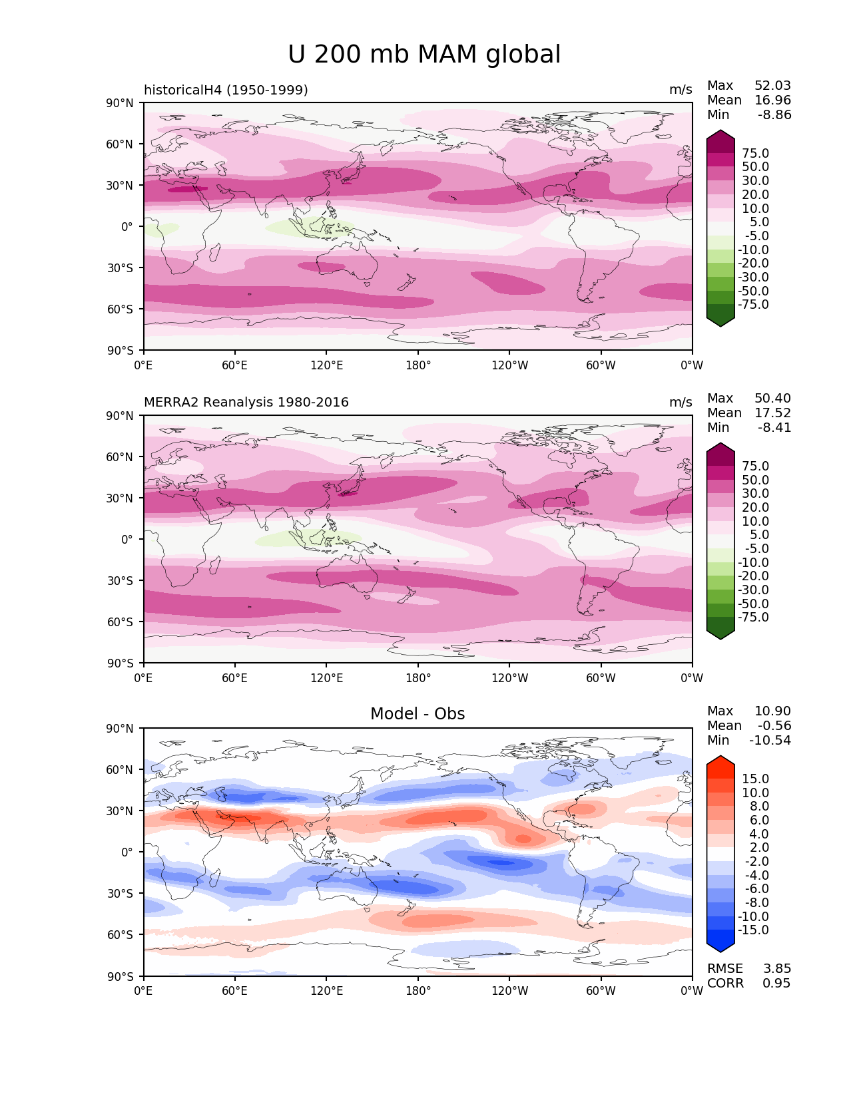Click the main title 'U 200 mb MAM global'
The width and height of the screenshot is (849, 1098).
coord(424,55)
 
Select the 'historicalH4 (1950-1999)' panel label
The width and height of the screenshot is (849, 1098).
coord(226,90)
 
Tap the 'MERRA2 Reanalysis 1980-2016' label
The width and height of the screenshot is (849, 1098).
coord(246,403)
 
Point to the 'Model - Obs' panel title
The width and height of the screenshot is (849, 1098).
coord(418,714)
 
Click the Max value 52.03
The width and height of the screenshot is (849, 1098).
coord(772,86)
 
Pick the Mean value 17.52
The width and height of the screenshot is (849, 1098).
coord(772,413)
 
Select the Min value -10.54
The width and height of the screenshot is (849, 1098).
coord(770,741)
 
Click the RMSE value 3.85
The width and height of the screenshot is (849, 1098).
coord(776,969)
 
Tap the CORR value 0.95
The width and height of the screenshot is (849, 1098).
coord(776,984)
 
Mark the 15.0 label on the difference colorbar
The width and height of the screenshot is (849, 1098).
coord(755,779)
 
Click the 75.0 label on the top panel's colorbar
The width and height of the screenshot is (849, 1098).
coord(755,154)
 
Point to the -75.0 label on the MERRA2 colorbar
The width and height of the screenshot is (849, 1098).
coord(753,618)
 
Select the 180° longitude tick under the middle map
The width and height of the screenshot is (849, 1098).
coord(418,678)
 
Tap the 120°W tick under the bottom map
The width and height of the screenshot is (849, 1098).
coord(510,992)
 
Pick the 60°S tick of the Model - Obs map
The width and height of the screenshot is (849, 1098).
coord(121,935)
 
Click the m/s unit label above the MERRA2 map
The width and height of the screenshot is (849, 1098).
coord(681,403)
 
